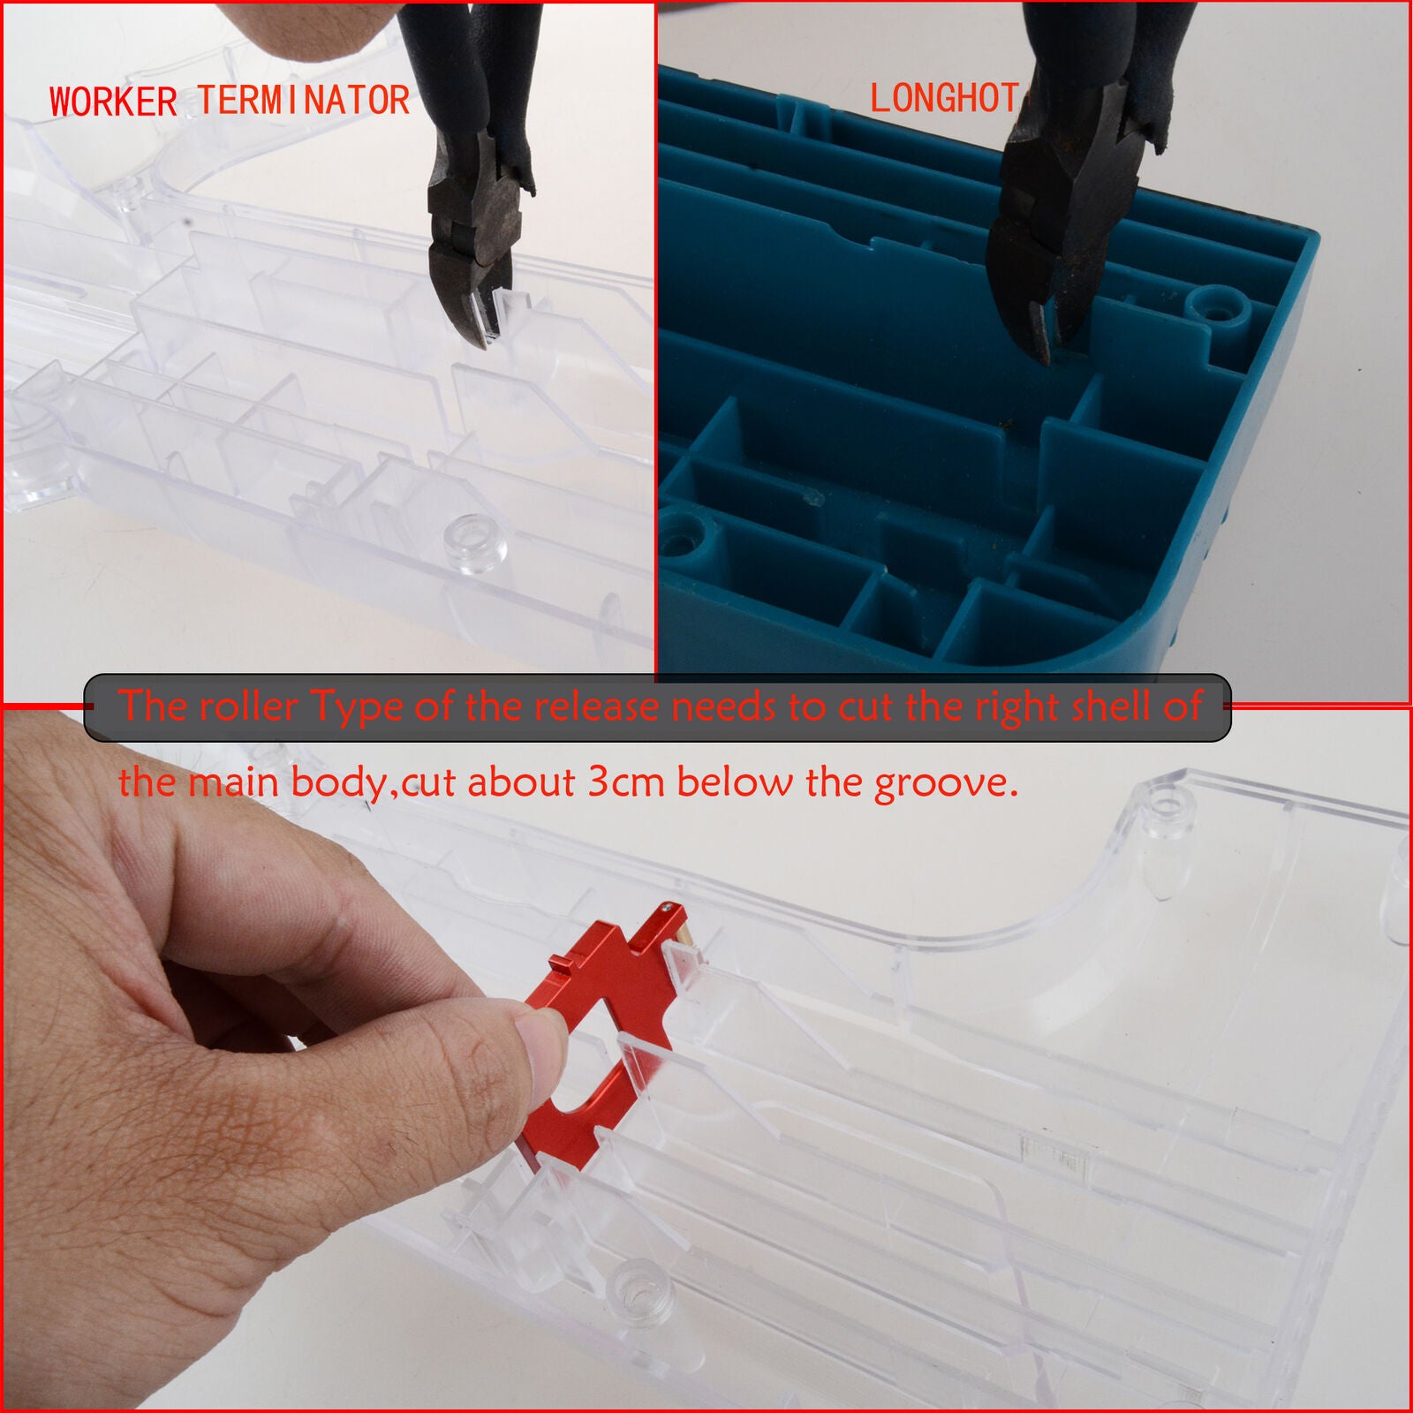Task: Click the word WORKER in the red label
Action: coord(114,102)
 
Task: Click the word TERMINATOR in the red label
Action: coord(303,101)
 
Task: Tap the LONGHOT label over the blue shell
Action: coord(944,98)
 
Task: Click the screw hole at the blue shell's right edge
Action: coord(1221,309)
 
